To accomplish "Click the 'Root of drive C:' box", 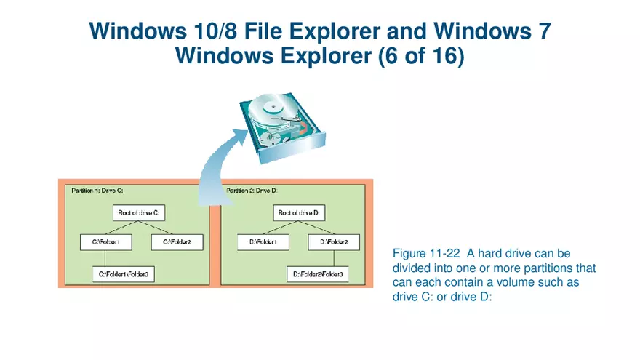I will [x=140, y=213].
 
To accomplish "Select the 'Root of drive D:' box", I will [x=300, y=213].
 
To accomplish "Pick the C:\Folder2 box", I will [x=177, y=242].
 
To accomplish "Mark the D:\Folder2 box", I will [x=334, y=242].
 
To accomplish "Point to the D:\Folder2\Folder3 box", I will [x=318, y=274].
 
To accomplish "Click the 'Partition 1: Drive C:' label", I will [x=97, y=191].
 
